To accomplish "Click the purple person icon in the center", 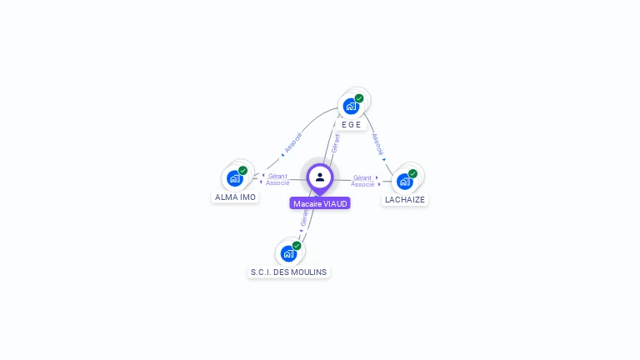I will pyautogui.click(x=320, y=177).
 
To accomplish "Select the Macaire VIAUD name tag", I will pyautogui.click(x=320, y=203).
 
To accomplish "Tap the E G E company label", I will pyautogui.click(x=352, y=124).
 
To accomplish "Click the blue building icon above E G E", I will pyautogui.click(x=351, y=107).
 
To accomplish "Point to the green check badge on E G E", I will pyautogui.click(x=359, y=98).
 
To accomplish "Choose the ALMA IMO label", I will pyautogui.click(x=235, y=197).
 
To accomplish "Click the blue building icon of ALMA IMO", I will pyautogui.click(x=235, y=178).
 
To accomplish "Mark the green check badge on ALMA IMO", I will pyautogui.click(x=243, y=170).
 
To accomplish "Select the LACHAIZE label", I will pyautogui.click(x=405, y=200).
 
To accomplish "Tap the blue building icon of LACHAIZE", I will pyautogui.click(x=404, y=181).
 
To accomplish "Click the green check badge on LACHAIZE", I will pyautogui.click(x=412, y=173).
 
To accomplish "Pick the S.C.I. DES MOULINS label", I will pyautogui.click(x=289, y=272).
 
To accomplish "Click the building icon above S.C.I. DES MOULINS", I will pyautogui.click(x=288, y=253).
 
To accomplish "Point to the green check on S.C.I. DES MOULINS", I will pyautogui.click(x=297, y=245).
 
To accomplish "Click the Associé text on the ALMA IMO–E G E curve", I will pyautogui.click(x=292, y=142).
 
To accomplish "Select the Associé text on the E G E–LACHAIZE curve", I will pyautogui.click(x=377, y=144).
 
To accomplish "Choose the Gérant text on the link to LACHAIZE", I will pyautogui.click(x=362, y=177).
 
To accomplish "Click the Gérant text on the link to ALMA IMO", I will pyautogui.click(x=278, y=176).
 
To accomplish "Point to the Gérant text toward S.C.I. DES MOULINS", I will pyautogui.click(x=304, y=219).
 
